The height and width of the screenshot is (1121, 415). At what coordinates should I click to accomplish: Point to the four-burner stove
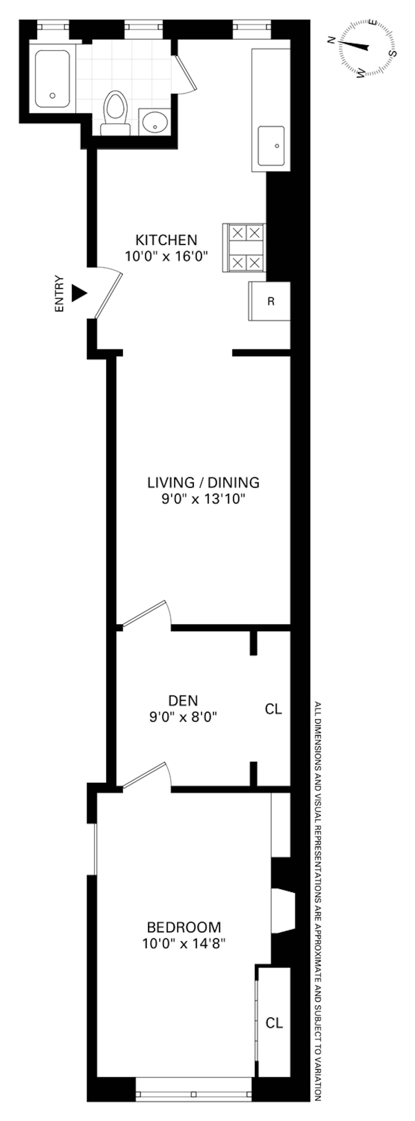pos(244,248)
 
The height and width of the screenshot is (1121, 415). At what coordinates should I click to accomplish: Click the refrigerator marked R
pos(269,301)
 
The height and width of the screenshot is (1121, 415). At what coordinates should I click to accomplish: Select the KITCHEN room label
pos(167,240)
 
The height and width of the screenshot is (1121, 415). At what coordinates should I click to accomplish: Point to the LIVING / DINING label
pos(203,482)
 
